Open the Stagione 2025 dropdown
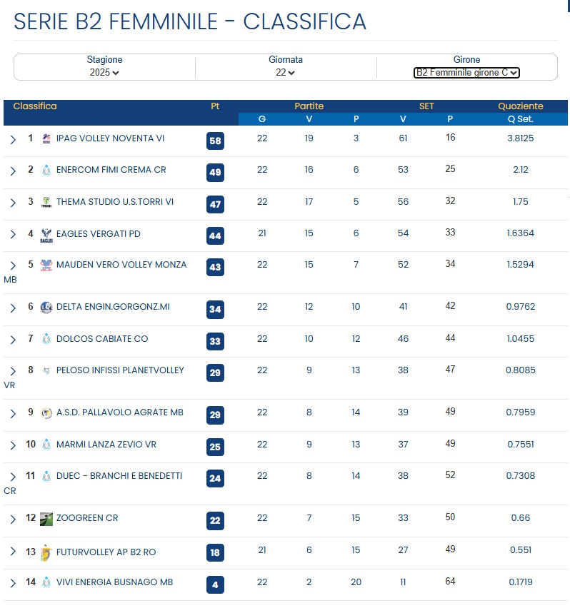(104, 72)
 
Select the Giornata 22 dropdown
(285, 72)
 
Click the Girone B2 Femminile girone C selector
(466, 72)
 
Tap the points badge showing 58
(215, 141)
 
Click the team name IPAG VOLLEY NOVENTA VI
(110, 138)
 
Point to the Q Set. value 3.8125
(521, 138)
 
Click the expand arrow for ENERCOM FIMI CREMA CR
(13, 171)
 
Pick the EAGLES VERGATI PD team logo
(46, 234)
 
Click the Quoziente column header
(521, 106)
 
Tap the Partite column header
(309, 106)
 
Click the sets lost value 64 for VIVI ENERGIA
(450, 582)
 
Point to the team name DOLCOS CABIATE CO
(102, 339)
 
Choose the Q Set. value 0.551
(521, 551)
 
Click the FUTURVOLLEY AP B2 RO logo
(46, 552)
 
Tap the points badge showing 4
(215, 585)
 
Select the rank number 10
(31, 445)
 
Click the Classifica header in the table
(35, 106)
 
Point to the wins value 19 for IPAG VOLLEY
(309, 138)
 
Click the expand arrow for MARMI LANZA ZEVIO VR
(13, 445)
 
